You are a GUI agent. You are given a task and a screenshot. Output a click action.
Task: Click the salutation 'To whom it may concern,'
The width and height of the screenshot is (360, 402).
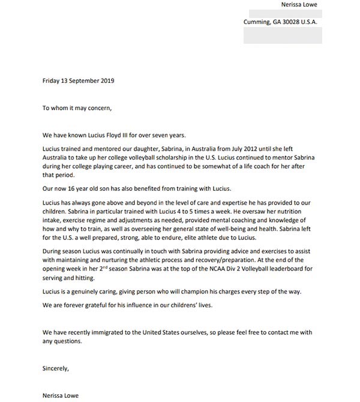point(77,109)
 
